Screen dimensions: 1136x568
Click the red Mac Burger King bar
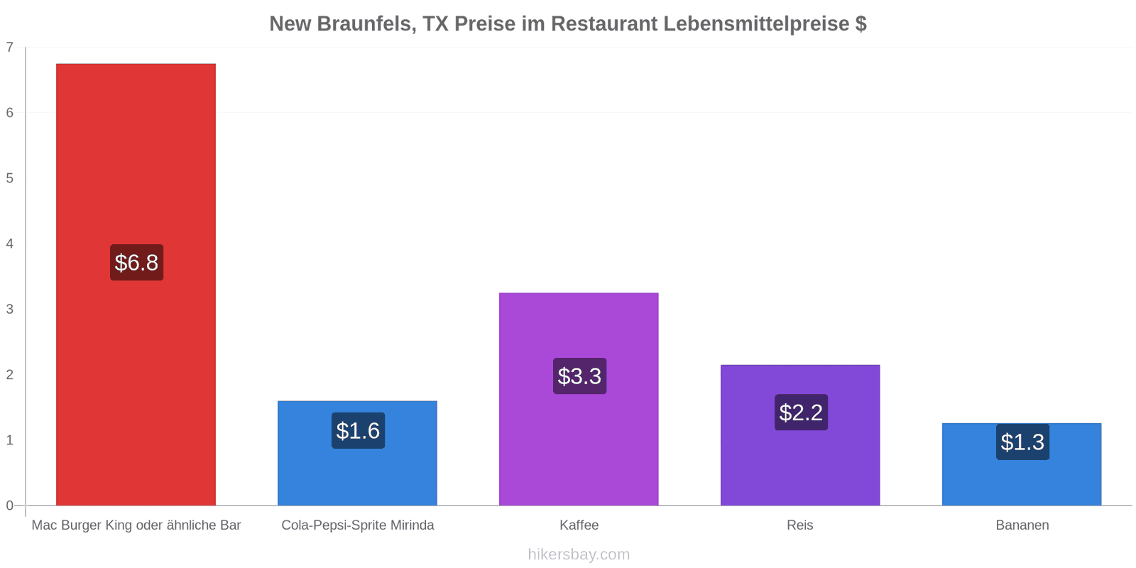coord(136,285)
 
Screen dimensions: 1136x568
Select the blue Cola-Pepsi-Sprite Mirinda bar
coord(358,454)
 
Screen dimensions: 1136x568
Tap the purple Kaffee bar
coord(579,399)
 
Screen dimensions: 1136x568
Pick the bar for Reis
coord(800,435)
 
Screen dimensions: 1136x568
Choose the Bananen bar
coord(1022,464)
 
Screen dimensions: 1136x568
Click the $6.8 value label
coord(137,262)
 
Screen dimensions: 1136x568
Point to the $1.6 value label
coord(358,430)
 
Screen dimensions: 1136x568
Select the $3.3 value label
coord(579,376)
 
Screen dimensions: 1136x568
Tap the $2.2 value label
coord(802,413)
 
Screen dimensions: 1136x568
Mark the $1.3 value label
coord(1022,442)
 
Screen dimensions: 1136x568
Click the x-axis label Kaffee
coord(579,525)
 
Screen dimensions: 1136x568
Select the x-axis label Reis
coord(799,525)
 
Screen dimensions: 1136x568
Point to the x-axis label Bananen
coord(1022,525)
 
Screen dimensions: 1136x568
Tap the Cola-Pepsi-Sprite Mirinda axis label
coord(358,525)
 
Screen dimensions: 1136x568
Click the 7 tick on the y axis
coord(10,47)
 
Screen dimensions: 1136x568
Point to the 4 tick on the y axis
coord(10,244)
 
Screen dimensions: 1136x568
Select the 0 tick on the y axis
coord(10,505)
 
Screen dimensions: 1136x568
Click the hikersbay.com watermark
coord(579,555)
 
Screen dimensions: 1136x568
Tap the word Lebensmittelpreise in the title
coord(755,24)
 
